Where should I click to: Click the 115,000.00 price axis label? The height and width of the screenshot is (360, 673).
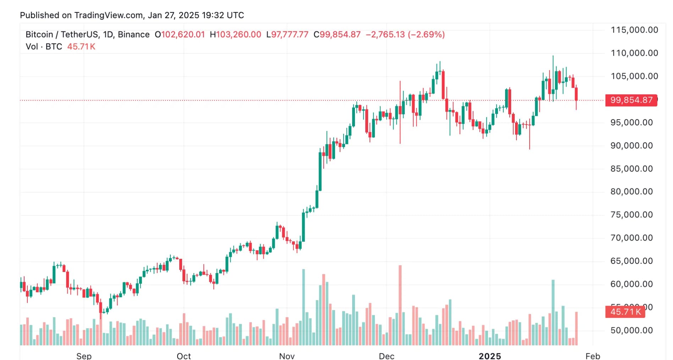tap(634, 30)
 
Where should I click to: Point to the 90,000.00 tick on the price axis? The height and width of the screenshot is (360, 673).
tap(631, 146)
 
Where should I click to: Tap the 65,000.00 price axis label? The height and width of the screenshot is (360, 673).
tap(631, 261)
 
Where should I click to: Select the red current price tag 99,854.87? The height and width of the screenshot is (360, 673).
tap(631, 100)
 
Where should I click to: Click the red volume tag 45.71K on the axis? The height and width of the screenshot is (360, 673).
tap(625, 312)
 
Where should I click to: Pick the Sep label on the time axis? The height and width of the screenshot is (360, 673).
tap(84, 356)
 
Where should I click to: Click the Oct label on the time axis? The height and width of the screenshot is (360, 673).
tap(184, 356)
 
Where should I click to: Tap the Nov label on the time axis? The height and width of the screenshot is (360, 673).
tap(287, 356)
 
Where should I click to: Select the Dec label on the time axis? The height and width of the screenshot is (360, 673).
tap(387, 356)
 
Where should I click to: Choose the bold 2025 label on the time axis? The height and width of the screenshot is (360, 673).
tap(490, 356)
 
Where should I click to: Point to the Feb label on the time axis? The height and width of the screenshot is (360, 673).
tap(593, 356)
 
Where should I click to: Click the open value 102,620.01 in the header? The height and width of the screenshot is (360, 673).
tap(183, 34)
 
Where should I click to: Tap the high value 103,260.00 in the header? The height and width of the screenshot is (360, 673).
tap(238, 34)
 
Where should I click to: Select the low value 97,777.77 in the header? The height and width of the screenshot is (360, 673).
tap(290, 34)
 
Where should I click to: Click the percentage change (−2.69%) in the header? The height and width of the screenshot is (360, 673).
tap(426, 34)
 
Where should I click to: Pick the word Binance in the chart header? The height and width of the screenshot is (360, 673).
tap(133, 34)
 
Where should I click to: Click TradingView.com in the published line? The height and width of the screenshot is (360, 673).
tap(109, 15)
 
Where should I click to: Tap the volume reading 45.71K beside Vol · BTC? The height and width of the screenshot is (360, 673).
tap(81, 47)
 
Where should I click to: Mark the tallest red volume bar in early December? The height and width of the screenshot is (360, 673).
tap(400, 305)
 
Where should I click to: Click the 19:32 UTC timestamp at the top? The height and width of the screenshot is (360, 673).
tap(223, 15)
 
